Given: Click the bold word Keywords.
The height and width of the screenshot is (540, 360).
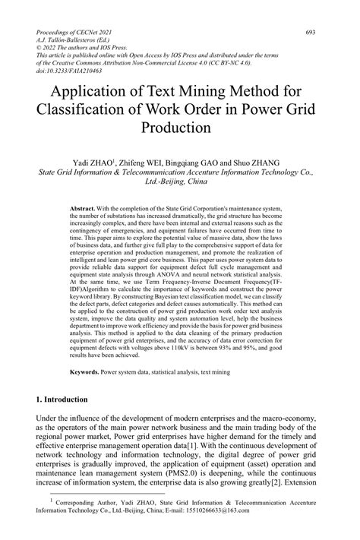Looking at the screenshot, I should pos(85,373).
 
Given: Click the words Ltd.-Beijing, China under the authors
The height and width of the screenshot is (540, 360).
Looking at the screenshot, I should pos(179,182).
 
